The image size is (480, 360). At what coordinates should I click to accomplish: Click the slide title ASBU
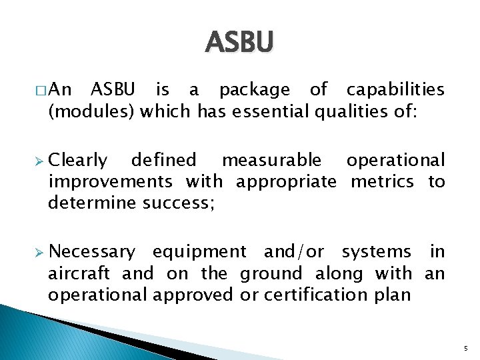point(240,43)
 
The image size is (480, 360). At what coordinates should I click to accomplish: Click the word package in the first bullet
point(255,89)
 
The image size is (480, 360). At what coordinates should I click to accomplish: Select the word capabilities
point(395,89)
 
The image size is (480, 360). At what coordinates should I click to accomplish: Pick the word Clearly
point(78,160)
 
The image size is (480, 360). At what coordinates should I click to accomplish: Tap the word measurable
point(271,160)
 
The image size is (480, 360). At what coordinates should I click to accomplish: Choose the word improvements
point(110,181)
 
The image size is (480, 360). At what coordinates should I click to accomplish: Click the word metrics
point(382,181)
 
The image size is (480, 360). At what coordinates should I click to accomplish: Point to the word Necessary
point(92,251)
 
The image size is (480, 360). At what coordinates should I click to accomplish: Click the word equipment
point(199,251)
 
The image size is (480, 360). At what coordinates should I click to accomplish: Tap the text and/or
point(294,251)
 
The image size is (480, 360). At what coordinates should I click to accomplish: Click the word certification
point(311,295)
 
